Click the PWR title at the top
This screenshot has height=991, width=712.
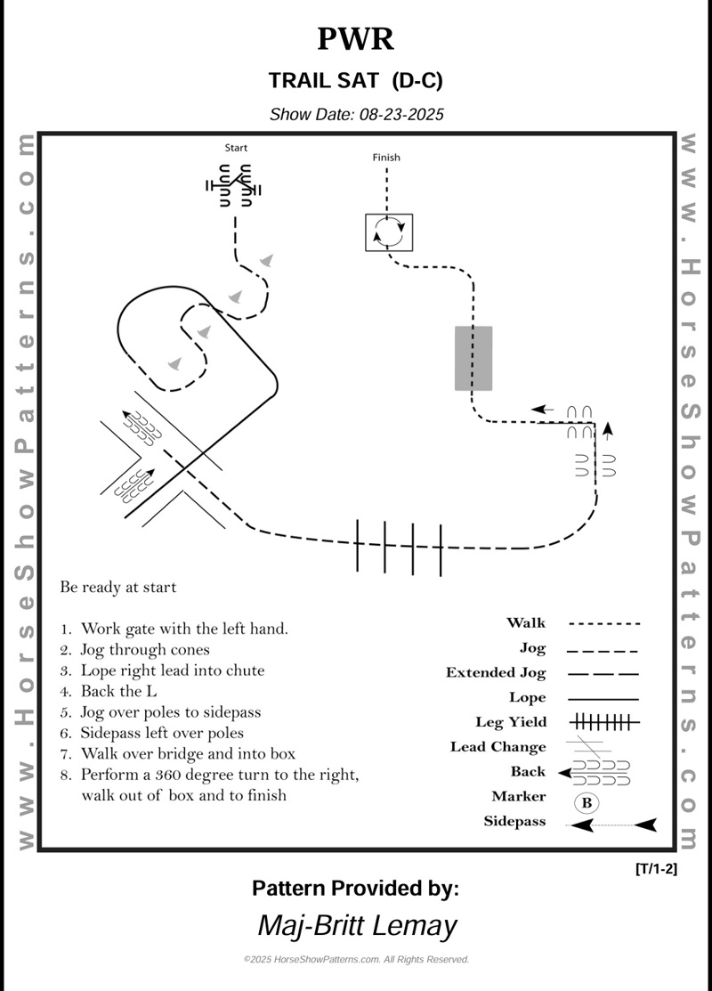click(355, 39)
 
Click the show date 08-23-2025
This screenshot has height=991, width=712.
click(356, 114)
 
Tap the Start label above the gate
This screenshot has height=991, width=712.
click(236, 148)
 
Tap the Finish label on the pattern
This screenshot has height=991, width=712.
click(386, 158)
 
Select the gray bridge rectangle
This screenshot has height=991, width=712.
click(473, 358)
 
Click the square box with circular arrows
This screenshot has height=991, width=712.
click(390, 232)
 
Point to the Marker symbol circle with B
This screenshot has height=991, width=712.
click(587, 802)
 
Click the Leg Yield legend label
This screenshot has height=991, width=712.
click(511, 722)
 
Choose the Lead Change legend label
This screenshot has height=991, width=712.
click(498, 747)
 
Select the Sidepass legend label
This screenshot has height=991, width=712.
click(514, 822)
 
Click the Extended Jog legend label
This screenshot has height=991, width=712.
click(496, 673)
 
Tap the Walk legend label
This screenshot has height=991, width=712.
click(526, 623)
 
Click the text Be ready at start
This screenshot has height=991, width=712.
click(118, 588)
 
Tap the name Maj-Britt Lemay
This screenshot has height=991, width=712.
click(356, 925)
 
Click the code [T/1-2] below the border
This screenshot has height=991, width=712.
click(657, 869)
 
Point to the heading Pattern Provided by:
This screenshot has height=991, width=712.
click(355, 888)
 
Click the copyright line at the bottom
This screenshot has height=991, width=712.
click(356, 960)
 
